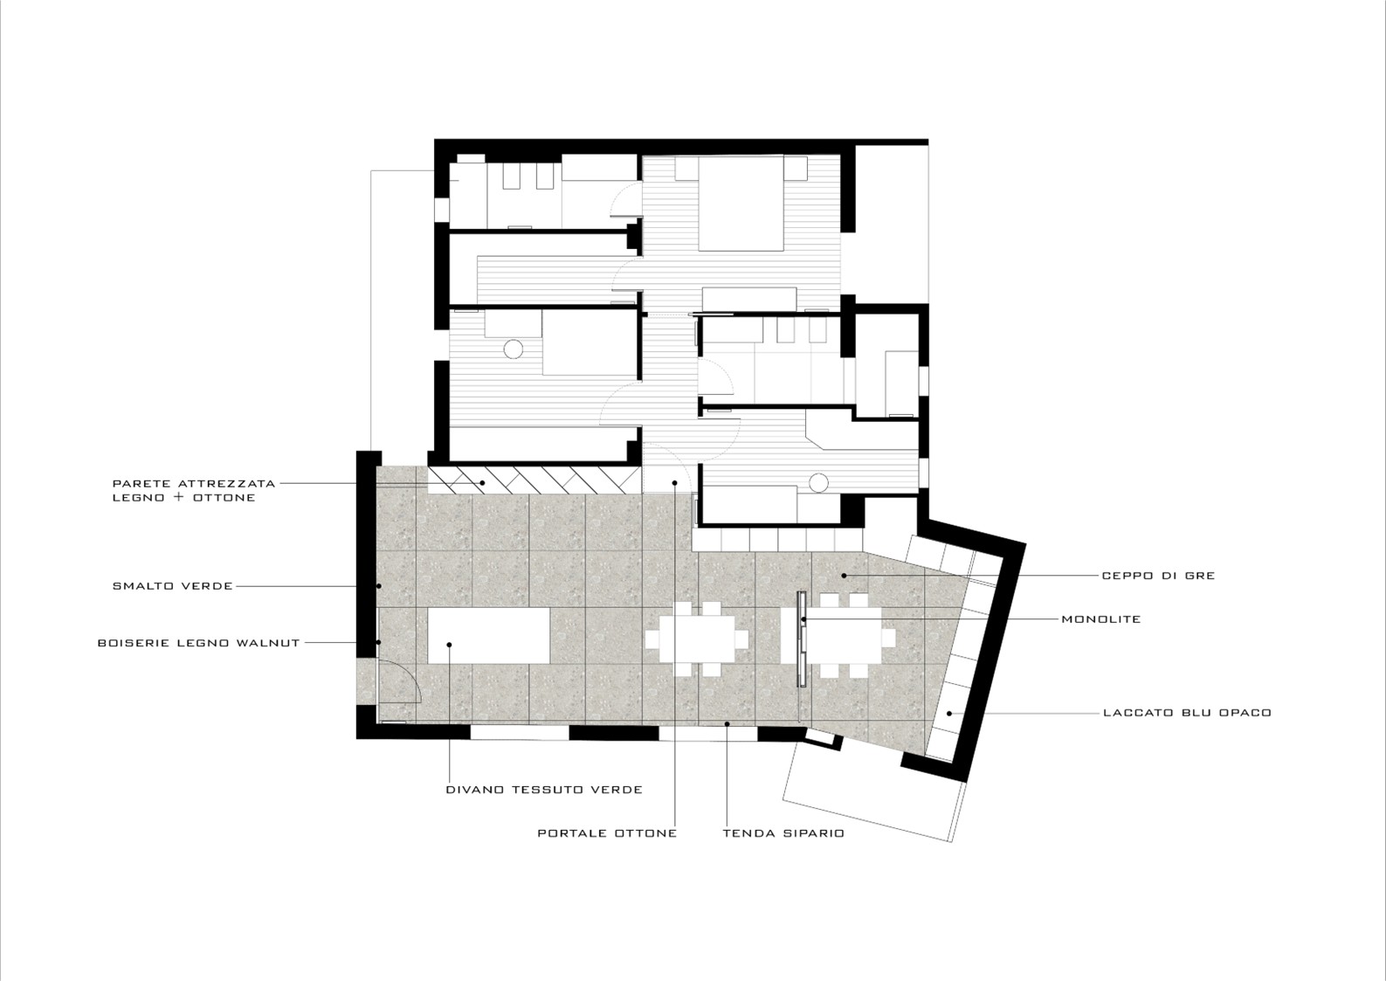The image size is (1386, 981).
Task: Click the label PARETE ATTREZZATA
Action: [194, 483]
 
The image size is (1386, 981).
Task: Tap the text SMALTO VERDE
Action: [173, 586]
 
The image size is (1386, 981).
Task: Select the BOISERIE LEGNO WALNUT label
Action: [198, 643]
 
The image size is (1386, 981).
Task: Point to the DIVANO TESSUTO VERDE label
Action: [544, 790]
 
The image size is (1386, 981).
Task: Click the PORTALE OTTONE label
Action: [607, 833]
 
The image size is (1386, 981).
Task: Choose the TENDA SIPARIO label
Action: [783, 833]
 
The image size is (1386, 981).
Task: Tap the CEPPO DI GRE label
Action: [1158, 576]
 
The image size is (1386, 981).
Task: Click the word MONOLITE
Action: [1100, 619]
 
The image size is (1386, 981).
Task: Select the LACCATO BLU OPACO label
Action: [1188, 713]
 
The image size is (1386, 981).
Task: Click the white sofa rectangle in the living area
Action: [489, 636]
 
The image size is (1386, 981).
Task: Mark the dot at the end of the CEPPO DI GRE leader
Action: [844, 576]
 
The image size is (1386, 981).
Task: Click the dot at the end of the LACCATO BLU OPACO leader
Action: [950, 714]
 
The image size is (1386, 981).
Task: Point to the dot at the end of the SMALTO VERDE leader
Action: [379, 586]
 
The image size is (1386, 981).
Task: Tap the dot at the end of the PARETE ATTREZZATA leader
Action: [483, 483]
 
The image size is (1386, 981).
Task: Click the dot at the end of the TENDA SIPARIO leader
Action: [727, 723]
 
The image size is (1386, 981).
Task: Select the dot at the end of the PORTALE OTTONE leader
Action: [674, 483]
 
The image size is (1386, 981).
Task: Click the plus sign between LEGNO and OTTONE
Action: [179, 497]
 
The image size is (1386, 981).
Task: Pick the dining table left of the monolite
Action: [697, 639]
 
